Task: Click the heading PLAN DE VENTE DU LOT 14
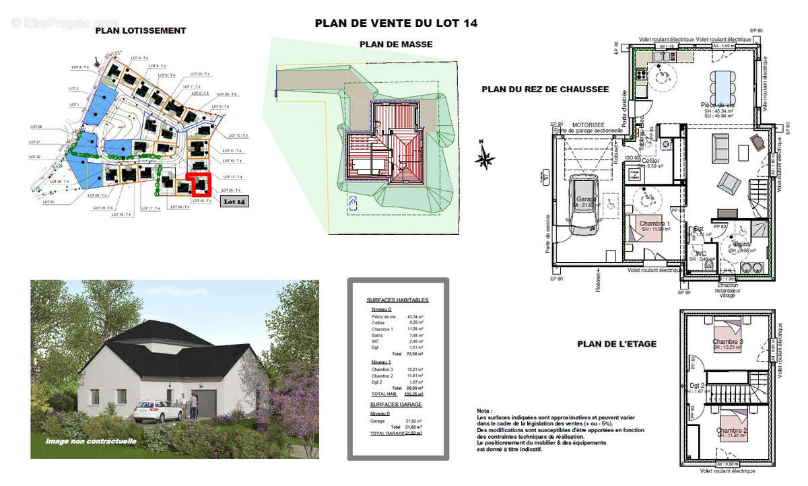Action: tap(396, 23)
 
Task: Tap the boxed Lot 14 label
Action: tap(234, 201)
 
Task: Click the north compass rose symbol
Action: tap(484, 159)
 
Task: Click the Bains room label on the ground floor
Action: tap(743, 244)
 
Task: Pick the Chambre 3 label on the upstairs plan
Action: tap(727, 342)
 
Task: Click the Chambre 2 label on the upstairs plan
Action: tap(731, 430)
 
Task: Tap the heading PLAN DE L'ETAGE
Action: tap(616, 344)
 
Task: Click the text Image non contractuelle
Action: tap(91, 442)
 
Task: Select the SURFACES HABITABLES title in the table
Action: tap(397, 300)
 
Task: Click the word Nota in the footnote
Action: tap(483, 410)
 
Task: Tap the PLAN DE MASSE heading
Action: tap(396, 44)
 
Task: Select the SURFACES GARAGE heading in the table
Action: tap(395, 404)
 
